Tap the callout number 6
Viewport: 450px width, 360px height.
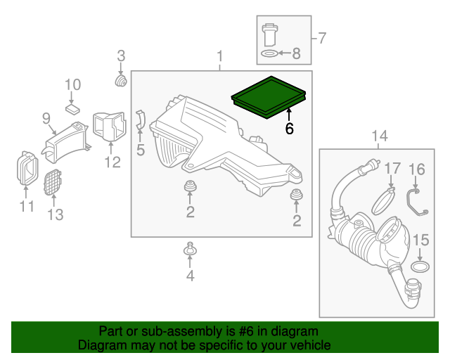pyautogui.click(x=289, y=129)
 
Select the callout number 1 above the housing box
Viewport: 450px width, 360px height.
pyautogui.click(x=220, y=56)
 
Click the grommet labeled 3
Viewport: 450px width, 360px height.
pyautogui.click(x=121, y=84)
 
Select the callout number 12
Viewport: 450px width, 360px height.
pyautogui.click(x=112, y=163)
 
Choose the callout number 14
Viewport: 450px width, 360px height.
pyautogui.click(x=379, y=135)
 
